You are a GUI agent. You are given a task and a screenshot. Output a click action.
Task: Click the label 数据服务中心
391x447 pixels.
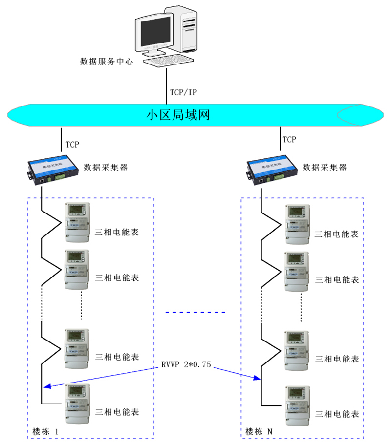pos(106,63)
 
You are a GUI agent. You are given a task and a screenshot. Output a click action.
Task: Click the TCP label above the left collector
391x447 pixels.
pos(72,145)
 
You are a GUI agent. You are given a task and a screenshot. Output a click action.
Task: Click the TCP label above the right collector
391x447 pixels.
pos(289,140)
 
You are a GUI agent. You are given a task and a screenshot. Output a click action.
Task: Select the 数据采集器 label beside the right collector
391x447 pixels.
pos(325,168)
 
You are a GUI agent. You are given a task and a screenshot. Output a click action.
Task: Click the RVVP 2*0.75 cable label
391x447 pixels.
pos(186,365)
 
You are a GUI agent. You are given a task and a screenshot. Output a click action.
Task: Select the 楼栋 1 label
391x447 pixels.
pos(45,432)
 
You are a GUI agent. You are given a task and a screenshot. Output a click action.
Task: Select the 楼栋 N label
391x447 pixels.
pos(259,432)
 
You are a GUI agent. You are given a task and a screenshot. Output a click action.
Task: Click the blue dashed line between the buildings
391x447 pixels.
pos(195,312)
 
